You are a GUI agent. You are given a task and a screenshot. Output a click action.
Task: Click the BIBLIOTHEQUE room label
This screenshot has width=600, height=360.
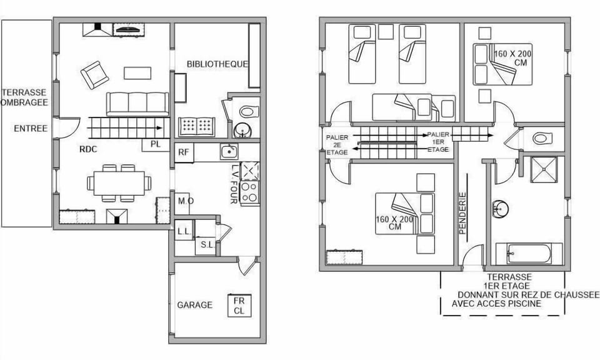click(217, 64)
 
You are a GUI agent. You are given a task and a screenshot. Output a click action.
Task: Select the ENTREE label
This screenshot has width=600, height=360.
click(31, 129)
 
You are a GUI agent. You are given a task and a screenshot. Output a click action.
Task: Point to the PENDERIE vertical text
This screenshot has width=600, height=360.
click(463, 213)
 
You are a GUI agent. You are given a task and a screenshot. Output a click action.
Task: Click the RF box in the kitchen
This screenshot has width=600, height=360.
click(184, 152)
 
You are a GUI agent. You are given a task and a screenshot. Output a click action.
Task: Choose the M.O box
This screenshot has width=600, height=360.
click(185, 201)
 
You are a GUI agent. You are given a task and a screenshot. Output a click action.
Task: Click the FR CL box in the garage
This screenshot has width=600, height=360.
click(239, 305)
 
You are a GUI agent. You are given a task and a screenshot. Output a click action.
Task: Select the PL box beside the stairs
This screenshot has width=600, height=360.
click(156, 144)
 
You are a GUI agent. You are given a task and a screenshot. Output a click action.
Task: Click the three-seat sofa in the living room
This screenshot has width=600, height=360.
click(137, 103)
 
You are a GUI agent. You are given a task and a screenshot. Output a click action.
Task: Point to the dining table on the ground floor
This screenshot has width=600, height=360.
click(119, 183)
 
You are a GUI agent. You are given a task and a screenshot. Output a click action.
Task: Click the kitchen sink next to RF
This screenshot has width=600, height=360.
click(228, 151)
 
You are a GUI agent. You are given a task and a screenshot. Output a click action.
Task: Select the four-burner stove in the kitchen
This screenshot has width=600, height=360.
click(249, 192)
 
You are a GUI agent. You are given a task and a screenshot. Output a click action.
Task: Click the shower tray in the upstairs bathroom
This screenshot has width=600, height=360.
click(543, 169)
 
